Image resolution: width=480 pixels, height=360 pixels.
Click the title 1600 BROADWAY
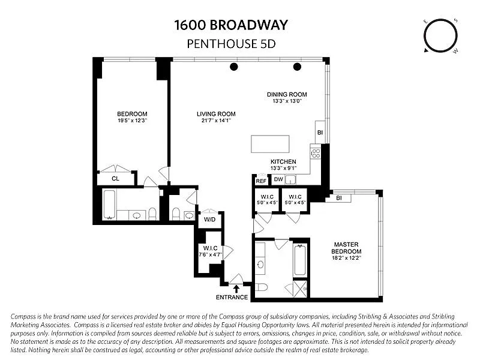tap(232, 25)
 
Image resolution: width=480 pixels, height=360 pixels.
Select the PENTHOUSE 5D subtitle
tap(232, 43)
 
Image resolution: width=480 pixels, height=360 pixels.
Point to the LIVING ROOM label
tap(216, 114)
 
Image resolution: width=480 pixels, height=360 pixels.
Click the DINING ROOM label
tap(287, 94)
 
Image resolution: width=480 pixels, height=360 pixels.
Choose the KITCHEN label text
tap(283, 162)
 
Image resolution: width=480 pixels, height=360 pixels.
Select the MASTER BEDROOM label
tap(346, 248)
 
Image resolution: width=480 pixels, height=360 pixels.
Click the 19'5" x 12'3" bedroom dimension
tap(132, 121)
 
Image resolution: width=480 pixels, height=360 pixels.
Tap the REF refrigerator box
tap(261, 180)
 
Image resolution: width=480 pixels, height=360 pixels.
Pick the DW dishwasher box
tap(278, 179)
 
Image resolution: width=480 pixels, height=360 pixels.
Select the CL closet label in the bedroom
tap(116, 178)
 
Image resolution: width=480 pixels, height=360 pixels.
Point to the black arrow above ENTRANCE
tap(235, 289)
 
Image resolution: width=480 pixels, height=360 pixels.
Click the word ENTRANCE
tap(232, 297)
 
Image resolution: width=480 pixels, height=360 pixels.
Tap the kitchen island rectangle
tap(270, 145)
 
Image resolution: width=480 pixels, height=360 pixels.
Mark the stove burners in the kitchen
tap(315, 152)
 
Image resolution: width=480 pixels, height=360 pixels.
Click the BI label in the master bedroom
tap(339, 198)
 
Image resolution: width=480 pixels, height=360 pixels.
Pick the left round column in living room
tap(233, 66)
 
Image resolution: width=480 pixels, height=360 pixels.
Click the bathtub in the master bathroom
tap(300, 259)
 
